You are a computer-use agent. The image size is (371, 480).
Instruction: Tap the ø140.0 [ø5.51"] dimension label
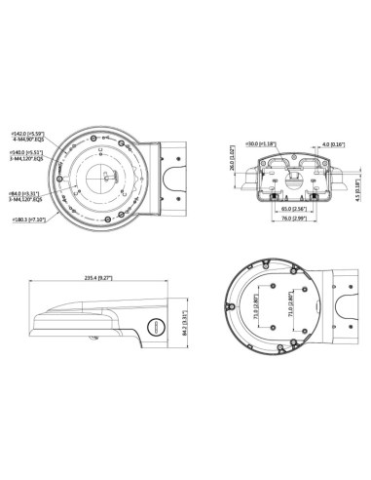pos(25,153)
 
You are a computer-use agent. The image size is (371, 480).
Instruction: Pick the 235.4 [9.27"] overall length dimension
pos(93,278)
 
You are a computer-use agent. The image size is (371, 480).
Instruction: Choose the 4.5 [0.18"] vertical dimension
pos(356,180)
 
